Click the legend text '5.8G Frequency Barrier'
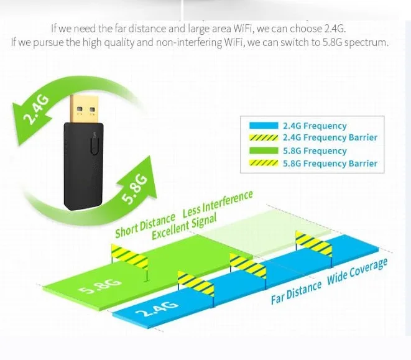click(x=330, y=164)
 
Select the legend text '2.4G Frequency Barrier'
click(x=330, y=138)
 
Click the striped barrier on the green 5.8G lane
click(x=129, y=255)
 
